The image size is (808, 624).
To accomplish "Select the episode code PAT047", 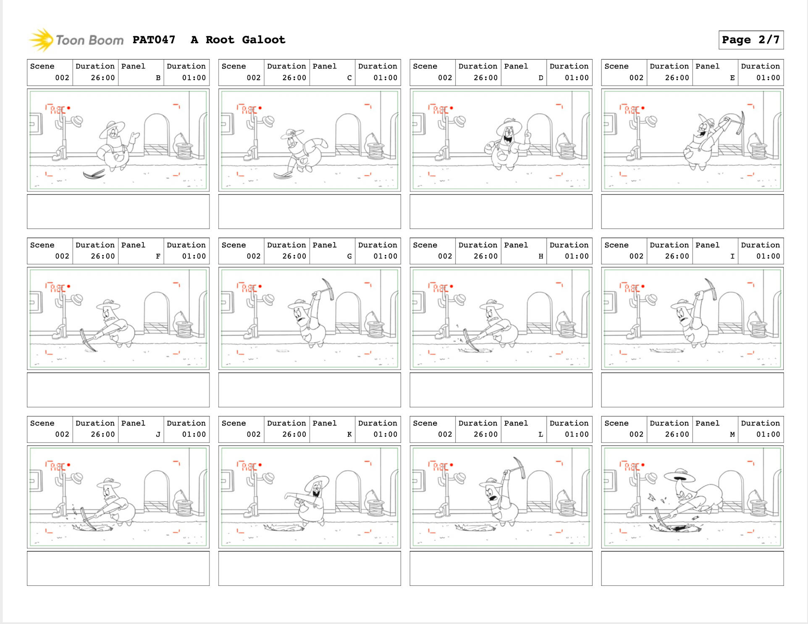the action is pos(154,39).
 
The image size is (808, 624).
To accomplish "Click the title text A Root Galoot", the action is pos(238,39).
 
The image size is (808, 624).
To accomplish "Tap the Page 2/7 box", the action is pos(751,39).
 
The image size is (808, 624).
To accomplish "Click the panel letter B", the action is pos(158,78).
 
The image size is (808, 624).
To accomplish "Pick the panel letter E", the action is pos(732,78).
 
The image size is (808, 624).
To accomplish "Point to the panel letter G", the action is pos(349,256).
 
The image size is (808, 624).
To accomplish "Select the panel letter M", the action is pos(732,434).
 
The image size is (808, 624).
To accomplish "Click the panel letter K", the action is pos(349,434).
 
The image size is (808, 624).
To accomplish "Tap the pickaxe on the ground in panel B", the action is pos(94,174).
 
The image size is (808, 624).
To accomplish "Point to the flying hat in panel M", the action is pos(679,475).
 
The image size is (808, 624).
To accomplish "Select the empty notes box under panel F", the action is pos(118,390).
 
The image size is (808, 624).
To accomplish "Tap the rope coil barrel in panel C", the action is pos(375,150).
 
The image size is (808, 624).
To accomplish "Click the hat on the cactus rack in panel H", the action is pos(459,300).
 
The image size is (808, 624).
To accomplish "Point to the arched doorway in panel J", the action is pos(157,488).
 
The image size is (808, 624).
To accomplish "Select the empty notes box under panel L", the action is pos(501,569).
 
